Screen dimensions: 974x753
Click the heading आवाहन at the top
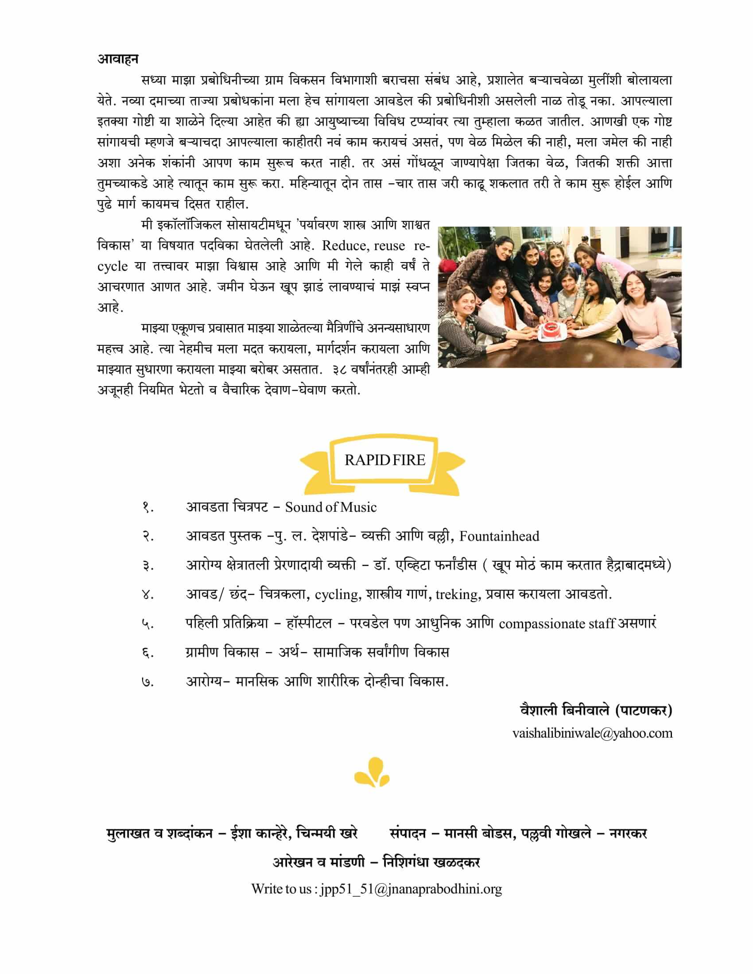(x=118, y=59)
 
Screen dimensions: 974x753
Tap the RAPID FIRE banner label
(x=384, y=460)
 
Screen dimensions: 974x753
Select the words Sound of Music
(x=330, y=507)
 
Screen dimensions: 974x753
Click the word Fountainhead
(x=499, y=536)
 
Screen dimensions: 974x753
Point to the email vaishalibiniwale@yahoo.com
(x=592, y=734)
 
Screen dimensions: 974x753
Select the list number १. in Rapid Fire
(x=148, y=508)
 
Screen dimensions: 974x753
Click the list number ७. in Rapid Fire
(x=148, y=682)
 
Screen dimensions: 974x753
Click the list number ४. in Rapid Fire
(x=148, y=595)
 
